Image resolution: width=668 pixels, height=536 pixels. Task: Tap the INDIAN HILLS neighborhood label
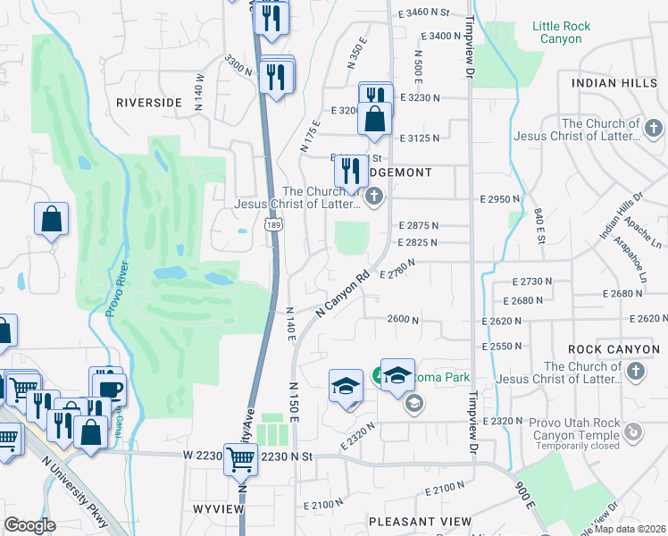[614, 82]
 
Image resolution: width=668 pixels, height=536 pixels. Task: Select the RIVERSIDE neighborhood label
[149, 103]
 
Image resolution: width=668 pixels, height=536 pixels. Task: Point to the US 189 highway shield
[273, 230]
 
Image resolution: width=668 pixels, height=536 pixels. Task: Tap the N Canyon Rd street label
[342, 294]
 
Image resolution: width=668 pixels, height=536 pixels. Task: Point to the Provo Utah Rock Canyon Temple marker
[633, 433]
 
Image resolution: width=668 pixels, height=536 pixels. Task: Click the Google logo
[29, 525]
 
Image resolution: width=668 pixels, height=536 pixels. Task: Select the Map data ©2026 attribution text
[632, 529]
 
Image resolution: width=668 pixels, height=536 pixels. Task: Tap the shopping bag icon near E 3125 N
[375, 119]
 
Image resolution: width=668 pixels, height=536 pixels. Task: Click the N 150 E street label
[293, 402]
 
